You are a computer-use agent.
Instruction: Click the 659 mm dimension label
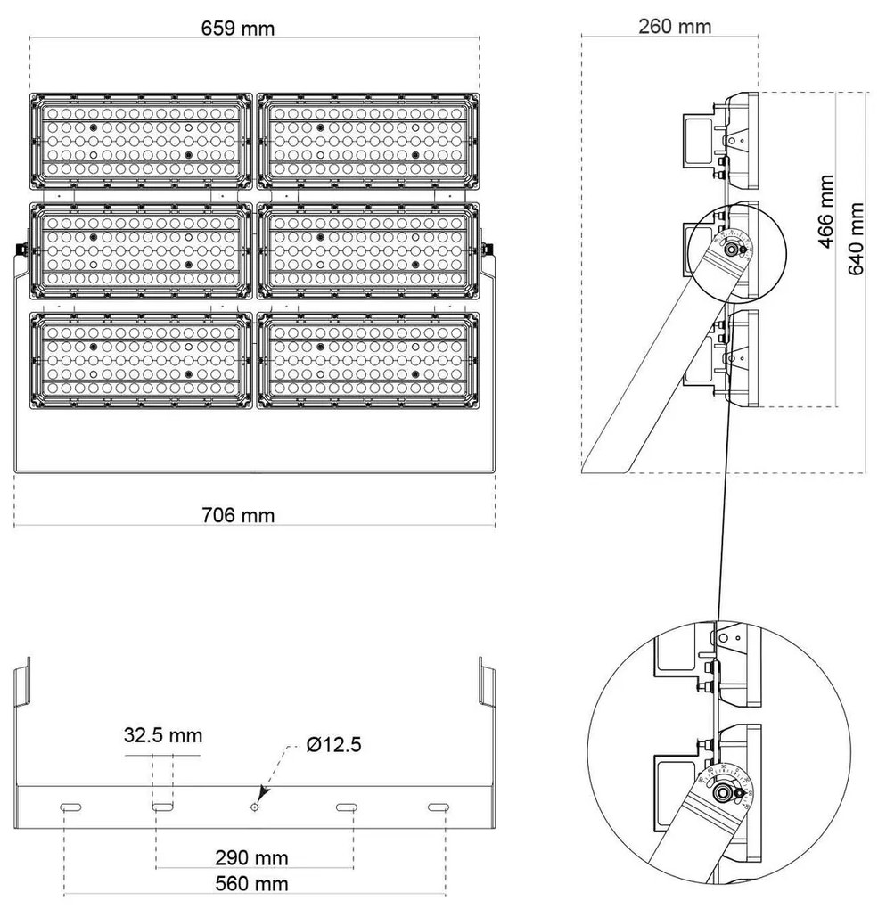click(237, 27)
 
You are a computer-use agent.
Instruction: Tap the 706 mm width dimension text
click(237, 514)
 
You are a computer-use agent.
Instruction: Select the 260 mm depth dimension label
click(675, 25)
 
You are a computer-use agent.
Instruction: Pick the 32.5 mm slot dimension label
click(162, 735)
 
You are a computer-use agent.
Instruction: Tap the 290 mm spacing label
click(252, 857)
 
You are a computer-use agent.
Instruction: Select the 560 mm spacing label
click(252, 883)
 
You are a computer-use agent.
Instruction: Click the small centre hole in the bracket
click(254, 807)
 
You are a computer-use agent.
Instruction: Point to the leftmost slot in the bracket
click(70, 807)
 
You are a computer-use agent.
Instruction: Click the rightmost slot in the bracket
click(438, 807)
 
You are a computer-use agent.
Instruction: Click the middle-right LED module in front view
click(367, 250)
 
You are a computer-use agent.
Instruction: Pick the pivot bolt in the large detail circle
click(727, 791)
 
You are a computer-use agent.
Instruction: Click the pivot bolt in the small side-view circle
click(733, 250)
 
